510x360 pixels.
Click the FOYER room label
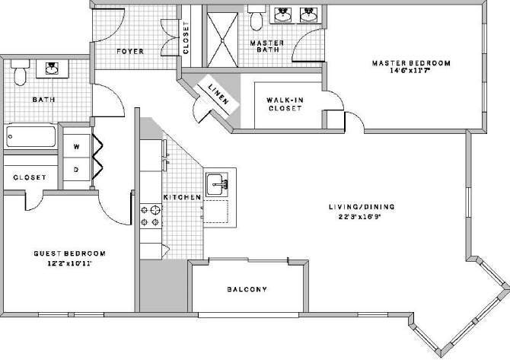[130, 52]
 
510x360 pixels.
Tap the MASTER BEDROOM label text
[411, 63]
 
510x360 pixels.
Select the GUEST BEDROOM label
[69, 253]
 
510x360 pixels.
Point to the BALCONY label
[247, 289]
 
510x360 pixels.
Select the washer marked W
[77, 145]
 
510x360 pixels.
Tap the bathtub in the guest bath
[30, 138]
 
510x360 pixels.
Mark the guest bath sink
[52, 69]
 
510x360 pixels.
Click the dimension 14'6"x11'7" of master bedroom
[412, 72]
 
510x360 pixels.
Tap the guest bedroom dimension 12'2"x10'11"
[69, 263]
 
